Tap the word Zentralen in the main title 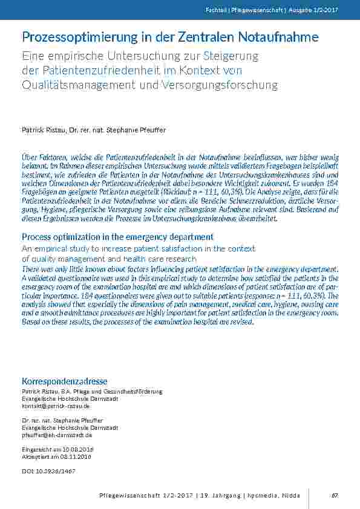click(206, 37)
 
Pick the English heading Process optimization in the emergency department click(117, 237)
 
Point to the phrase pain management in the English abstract click(213, 296)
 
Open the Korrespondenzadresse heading click(64, 381)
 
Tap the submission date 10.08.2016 click(77, 449)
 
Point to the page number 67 click(334, 496)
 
